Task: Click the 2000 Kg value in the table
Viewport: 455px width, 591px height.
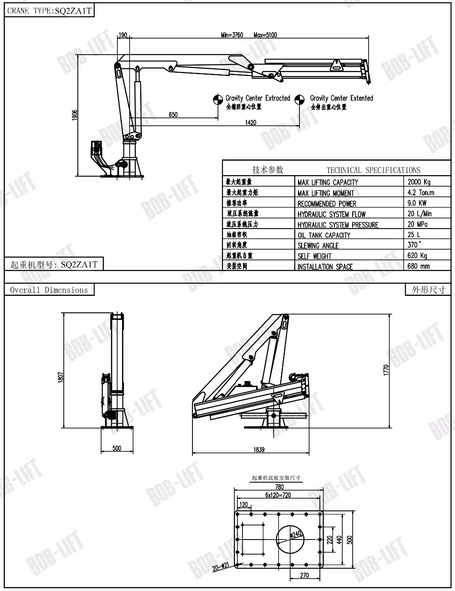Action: click(419, 182)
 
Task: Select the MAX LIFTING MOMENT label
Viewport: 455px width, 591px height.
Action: click(326, 193)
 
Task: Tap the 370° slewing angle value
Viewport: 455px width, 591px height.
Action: click(413, 245)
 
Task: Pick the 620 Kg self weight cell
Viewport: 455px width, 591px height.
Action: click(417, 255)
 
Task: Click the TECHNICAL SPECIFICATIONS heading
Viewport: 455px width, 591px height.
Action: click(373, 170)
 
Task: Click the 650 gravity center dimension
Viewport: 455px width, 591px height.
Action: click(173, 114)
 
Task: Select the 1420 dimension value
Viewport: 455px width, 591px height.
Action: click(251, 122)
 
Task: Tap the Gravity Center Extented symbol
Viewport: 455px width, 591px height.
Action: click(299, 100)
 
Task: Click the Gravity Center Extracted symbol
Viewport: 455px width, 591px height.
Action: click(218, 100)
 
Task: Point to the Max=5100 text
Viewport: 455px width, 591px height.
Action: click(265, 35)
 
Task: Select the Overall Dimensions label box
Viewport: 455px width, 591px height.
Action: click(49, 290)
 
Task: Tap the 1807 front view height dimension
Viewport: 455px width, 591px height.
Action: click(61, 377)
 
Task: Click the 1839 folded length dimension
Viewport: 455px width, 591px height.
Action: click(258, 449)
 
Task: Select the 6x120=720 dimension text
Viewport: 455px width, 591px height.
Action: click(278, 495)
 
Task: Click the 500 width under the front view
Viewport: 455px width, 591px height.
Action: click(117, 448)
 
